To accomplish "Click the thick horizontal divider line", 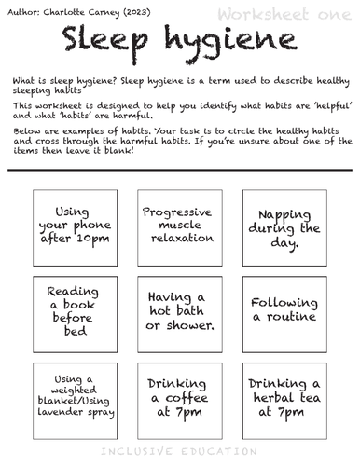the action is [180, 171].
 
